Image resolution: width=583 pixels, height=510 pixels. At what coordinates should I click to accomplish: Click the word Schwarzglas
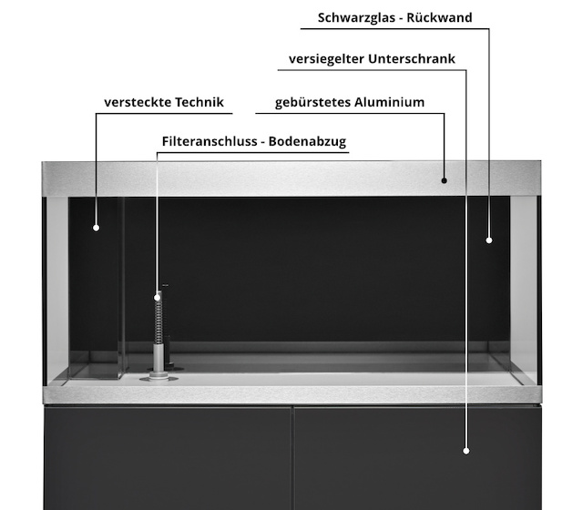pyautogui.click(x=355, y=18)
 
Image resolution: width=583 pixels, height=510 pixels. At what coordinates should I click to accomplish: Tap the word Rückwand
pyautogui.click(x=439, y=17)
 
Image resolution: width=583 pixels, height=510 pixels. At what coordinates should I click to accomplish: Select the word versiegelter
pyautogui.click(x=326, y=59)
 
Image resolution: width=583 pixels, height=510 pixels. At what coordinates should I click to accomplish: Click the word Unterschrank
pyautogui.click(x=412, y=58)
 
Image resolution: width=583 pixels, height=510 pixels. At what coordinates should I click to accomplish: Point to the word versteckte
pyautogui.click(x=137, y=102)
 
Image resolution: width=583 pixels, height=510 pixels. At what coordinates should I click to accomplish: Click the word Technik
pyautogui.click(x=199, y=102)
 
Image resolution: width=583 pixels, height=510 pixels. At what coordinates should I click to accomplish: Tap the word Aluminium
pyautogui.click(x=389, y=102)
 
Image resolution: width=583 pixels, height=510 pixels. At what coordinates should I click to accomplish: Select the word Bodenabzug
pyautogui.click(x=307, y=142)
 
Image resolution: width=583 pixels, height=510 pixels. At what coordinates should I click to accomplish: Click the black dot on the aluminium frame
pyautogui.click(x=444, y=180)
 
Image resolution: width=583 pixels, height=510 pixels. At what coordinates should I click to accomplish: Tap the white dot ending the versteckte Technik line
pyautogui.click(x=96, y=228)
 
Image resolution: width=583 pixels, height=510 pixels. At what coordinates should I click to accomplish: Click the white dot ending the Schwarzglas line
pyautogui.click(x=489, y=240)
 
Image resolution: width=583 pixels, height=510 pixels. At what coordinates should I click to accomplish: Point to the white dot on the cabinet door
pyautogui.click(x=465, y=451)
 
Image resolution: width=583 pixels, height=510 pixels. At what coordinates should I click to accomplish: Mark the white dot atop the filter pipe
pyautogui.click(x=158, y=298)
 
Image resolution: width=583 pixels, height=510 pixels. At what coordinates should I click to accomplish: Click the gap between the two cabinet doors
pyautogui.click(x=292, y=458)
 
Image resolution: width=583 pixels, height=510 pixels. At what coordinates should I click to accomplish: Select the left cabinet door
pyautogui.click(x=168, y=458)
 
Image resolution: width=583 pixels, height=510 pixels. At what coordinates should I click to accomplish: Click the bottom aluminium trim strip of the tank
pyautogui.click(x=291, y=394)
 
